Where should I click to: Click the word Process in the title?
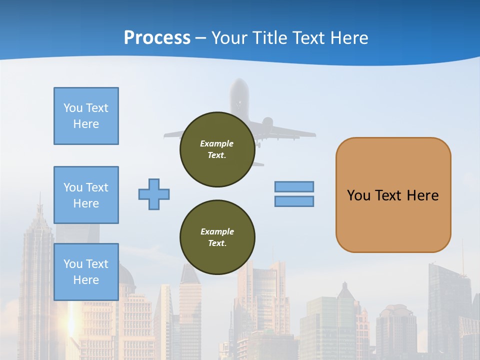[x=157, y=38]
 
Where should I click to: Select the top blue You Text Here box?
[x=86, y=116]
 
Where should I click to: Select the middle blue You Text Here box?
[x=86, y=195]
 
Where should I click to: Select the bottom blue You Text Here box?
[x=86, y=271]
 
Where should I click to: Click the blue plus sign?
[x=154, y=194]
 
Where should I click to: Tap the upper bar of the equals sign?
[x=294, y=186]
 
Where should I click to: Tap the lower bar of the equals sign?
[x=294, y=201]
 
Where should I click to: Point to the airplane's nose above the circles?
[x=239, y=83]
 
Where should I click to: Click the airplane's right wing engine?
[x=267, y=122]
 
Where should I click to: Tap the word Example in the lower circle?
[x=217, y=231]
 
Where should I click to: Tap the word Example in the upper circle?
[x=217, y=143]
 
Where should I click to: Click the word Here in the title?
[x=350, y=38]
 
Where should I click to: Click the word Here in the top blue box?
[x=86, y=124]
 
